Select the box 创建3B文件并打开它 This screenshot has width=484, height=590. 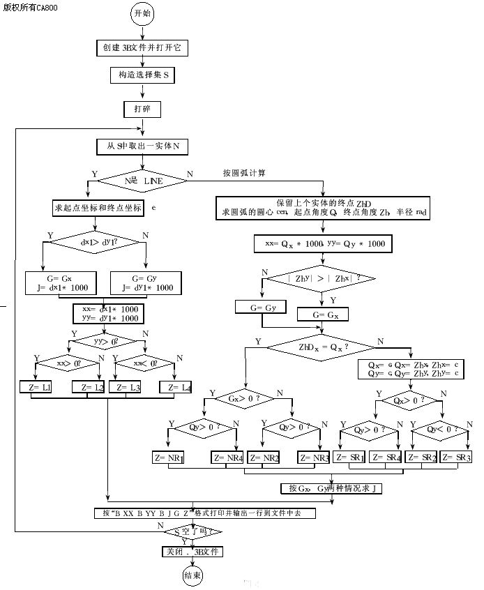click(142, 48)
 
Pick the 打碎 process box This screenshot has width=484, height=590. click(142, 109)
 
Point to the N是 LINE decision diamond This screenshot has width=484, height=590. click(142, 181)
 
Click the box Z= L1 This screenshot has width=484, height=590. click(36, 387)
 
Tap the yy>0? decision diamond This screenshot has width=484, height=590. click(107, 342)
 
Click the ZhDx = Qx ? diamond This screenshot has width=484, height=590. click(322, 346)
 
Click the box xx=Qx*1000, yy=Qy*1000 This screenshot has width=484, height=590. click(323, 244)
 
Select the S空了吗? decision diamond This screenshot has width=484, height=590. click(193, 532)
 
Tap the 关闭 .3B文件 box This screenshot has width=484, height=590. click(191, 551)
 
